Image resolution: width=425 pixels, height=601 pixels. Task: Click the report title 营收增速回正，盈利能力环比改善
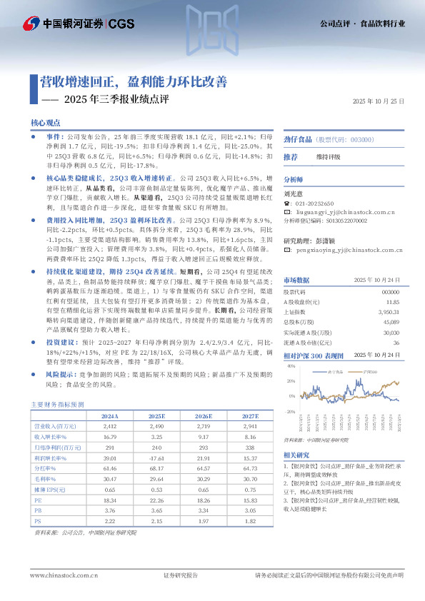133,81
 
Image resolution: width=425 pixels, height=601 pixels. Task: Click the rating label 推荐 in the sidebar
291,156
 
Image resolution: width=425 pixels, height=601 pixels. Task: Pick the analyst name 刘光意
293,192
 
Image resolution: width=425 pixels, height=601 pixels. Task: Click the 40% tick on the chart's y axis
290,365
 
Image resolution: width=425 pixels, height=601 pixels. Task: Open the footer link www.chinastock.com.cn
64,575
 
